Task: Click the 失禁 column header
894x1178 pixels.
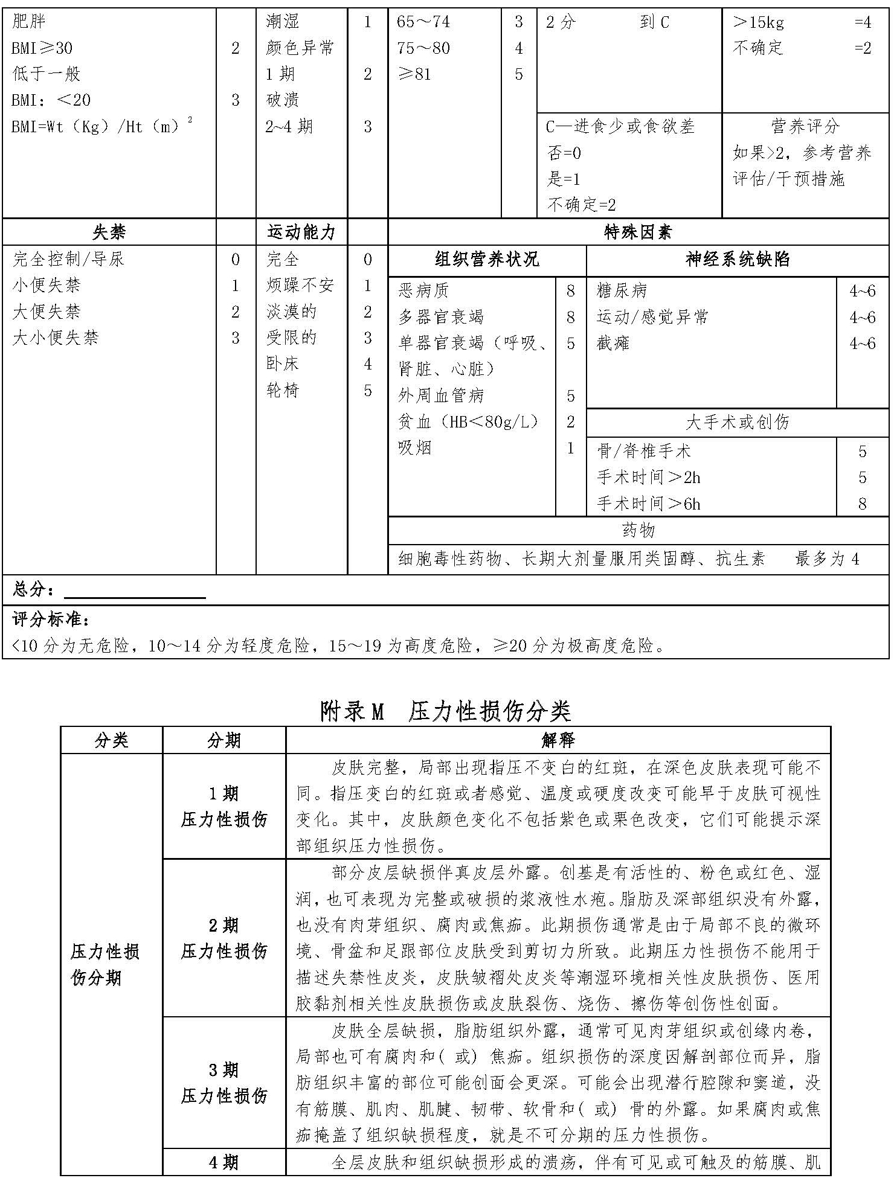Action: (x=109, y=232)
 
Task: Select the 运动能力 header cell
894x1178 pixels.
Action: (x=301, y=232)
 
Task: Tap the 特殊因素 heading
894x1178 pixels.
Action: (x=638, y=232)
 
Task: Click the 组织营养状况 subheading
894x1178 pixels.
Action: (x=486, y=260)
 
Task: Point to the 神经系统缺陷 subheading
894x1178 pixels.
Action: (x=737, y=260)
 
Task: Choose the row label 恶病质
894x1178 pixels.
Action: (x=423, y=291)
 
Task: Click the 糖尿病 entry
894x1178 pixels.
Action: (x=622, y=291)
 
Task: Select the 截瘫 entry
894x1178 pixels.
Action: (x=613, y=344)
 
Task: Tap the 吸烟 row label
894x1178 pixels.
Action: (x=414, y=448)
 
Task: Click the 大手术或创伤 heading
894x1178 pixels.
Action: (x=737, y=422)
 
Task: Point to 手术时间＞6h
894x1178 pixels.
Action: (x=648, y=504)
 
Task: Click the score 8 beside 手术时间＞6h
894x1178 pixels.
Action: (x=862, y=504)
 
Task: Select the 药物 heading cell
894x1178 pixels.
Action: (x=638, y=530)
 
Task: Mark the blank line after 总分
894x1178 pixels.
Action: (x=135, y=592)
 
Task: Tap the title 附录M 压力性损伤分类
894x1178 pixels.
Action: (x=445, y=711)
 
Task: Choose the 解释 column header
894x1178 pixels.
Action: (x=558, y=740)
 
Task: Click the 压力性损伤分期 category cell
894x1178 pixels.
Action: (x=105, y=964)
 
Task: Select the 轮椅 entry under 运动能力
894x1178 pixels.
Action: (x=283, y=391)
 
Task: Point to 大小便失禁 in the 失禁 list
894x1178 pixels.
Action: (x=56, y=338)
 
